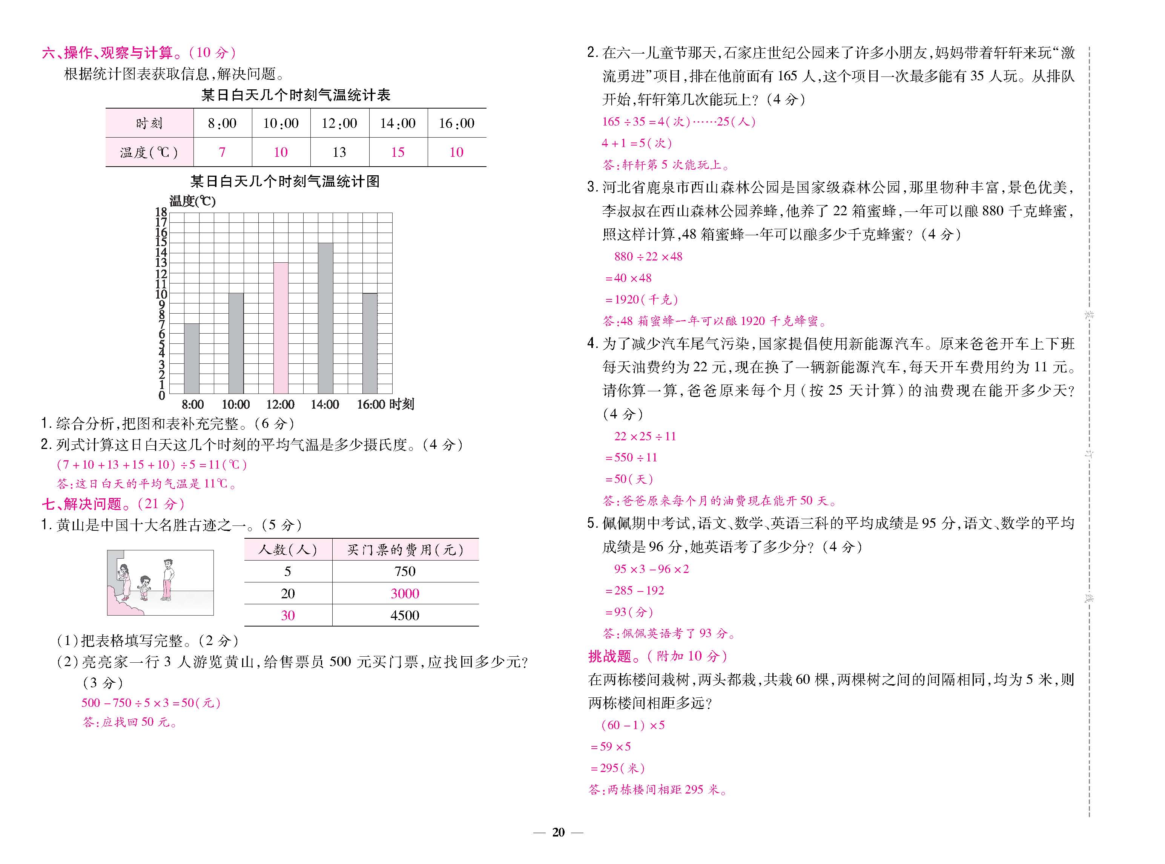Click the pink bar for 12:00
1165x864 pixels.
tap(281, 328)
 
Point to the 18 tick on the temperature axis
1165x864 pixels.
tap(161, 212)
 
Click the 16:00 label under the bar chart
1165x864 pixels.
tap(370, 404)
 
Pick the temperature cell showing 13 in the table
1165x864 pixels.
tap(339, 152)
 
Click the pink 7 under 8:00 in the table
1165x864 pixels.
tap(222, 152)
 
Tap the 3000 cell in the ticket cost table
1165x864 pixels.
tap(405, 594)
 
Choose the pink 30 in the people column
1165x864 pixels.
tap(288, 616)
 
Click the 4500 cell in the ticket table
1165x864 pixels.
tap(405, 616)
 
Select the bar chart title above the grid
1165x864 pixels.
tap(285, 181)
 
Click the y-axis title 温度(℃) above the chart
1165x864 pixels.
tap(192, 201)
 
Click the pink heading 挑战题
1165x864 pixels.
tap(610, 656)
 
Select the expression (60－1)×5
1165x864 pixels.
tap(633, 725)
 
